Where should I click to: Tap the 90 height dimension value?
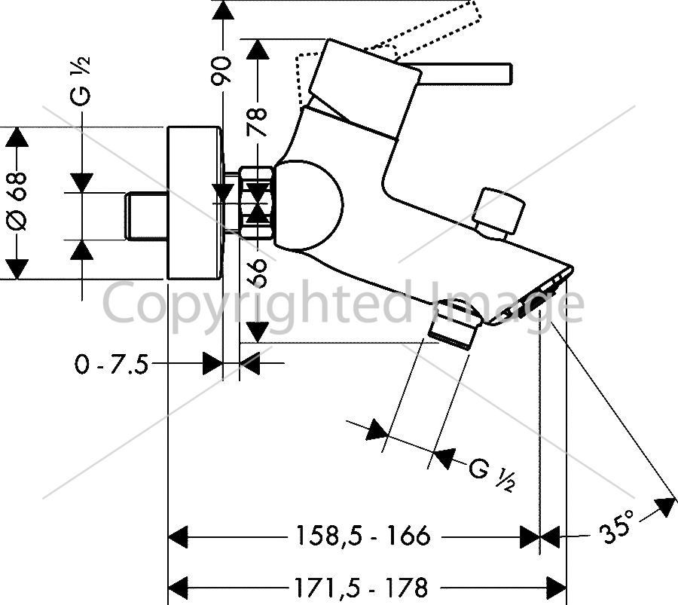click(x=221, y=69)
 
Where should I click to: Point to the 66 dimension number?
click(x=258, y=273)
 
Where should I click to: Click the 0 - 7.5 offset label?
click(x=111, y=364)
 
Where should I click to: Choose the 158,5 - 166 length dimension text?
click(x=363, y=536)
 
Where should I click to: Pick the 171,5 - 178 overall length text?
click(x=361, y=587)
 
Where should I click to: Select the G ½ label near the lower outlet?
click(x=493, y=475)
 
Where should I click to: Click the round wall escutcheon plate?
click(x=194, y=203)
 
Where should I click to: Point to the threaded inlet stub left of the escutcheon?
click(x=147, y=215)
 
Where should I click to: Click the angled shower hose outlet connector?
click(x=455, y=323)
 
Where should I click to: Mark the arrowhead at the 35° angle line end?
click(x=666, y=506)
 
